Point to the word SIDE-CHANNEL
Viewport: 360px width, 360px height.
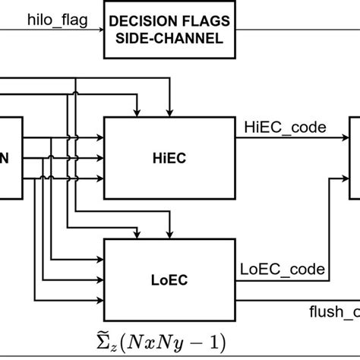pyautogui.click(x=166, y=38)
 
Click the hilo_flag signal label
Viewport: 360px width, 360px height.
pyautogui.click(x=50, y=17)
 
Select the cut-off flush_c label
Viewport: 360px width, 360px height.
pyautogui.click(x=333, y=311)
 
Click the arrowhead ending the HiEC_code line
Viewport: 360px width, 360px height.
pyautogui.click(x=345, y=137)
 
